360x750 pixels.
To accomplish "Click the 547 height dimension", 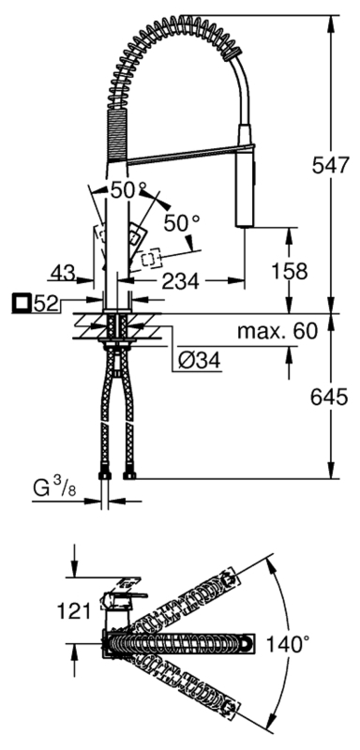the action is click(329, 166).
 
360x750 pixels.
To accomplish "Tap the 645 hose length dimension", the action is click(329, 396).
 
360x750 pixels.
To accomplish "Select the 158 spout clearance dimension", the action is click(289, 271).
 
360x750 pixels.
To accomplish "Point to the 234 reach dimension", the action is click(180, 282).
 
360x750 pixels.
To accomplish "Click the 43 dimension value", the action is click(64, 273).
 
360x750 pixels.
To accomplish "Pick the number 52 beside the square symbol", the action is click(46, 303).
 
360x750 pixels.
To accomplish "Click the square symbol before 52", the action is click(21, 303).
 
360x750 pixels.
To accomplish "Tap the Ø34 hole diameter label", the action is click(200, 361).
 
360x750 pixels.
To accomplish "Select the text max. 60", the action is click(277, 331).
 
